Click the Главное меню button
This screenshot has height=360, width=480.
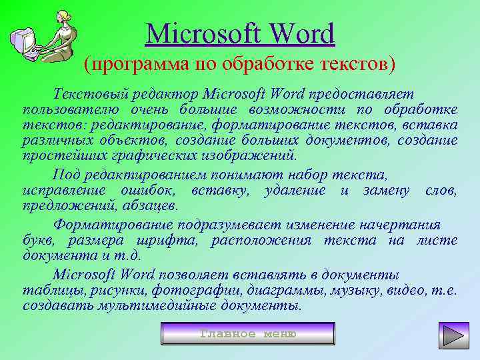[x=248, y=333]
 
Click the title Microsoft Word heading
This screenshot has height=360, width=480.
[x=240, y=33]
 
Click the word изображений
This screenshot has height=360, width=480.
[x=249, y=157]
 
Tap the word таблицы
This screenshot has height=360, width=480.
[x=50, y=290]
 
